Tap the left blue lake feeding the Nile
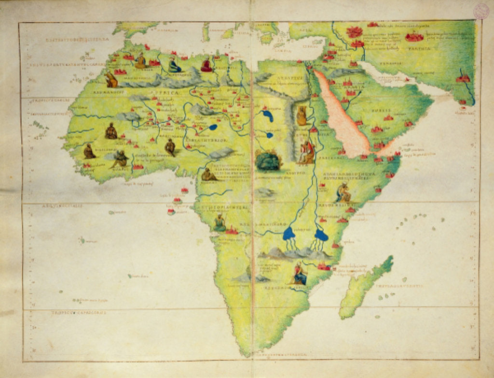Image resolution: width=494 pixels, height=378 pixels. tap(289, 234)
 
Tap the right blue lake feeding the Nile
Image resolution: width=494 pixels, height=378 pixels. tap(321, 235)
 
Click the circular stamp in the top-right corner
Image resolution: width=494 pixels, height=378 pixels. tap(481, 11)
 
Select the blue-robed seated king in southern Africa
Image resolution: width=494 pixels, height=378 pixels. tap(300, 275)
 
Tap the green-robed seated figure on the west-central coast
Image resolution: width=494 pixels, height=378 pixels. tap(220, 223)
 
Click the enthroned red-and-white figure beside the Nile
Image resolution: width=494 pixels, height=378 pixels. tap(307, 152)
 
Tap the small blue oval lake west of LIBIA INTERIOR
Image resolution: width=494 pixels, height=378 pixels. tap(213, 128)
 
